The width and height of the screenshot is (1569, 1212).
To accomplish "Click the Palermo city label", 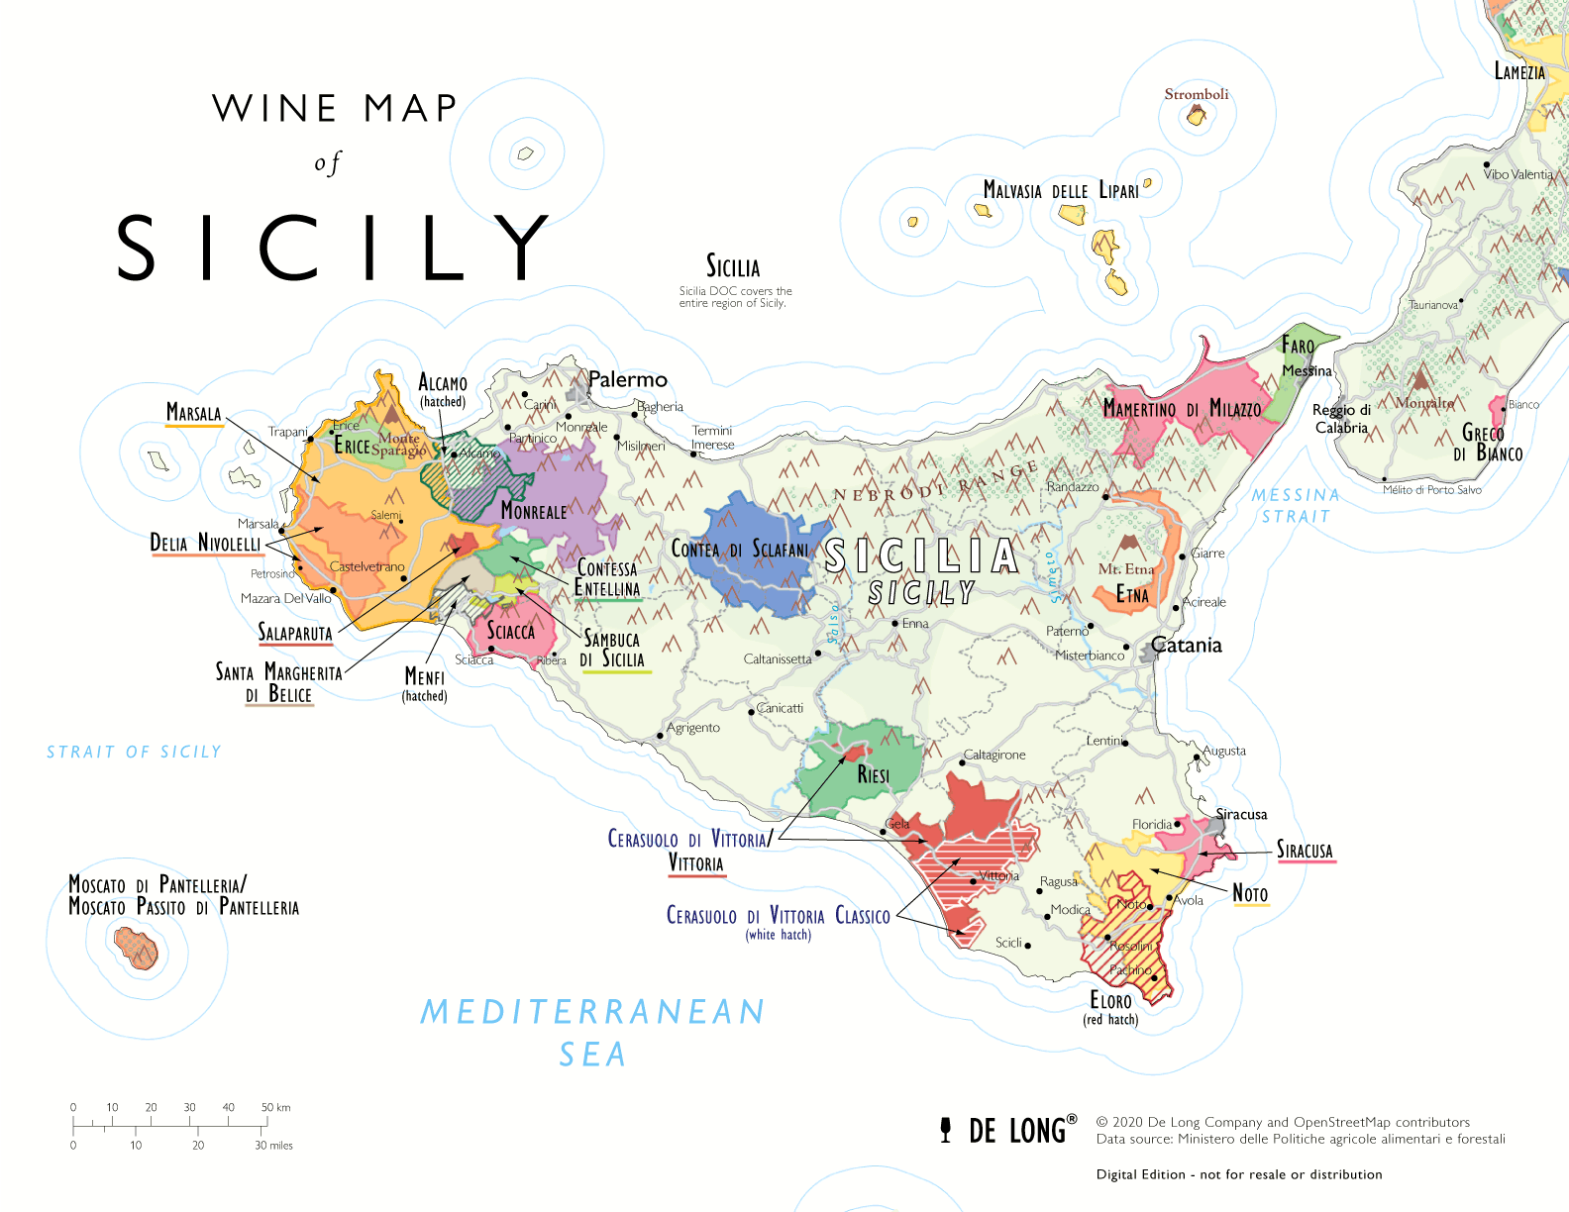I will pos(627,379).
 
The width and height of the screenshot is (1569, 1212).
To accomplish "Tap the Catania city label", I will pos(1186,646).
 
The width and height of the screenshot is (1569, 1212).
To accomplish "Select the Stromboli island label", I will pos(1196,94).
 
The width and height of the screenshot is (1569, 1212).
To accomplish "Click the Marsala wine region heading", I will pos(193,413).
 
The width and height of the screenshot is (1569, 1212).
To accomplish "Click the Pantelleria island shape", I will pos(136,948).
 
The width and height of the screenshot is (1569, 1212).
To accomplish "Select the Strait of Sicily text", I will pos(134,753).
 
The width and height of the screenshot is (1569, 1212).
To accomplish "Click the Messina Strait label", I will pos(1295,505).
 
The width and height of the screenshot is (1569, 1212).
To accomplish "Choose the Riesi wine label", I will pos(873,775).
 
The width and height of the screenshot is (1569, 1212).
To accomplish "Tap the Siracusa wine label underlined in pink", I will pos(1305,851).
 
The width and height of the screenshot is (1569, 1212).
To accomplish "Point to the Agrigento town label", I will pos(693,728).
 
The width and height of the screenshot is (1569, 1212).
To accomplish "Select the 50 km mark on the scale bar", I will pos(274,1107).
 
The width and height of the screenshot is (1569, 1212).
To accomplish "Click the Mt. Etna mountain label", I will pos(1125,569).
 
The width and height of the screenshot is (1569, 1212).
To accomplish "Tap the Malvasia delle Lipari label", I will pos(1060,190).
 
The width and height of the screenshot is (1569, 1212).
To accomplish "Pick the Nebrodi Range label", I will pos(936,481).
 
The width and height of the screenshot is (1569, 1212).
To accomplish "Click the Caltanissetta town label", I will pos(778,659).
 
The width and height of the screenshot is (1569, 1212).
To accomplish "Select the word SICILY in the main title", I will pos(333,248).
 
